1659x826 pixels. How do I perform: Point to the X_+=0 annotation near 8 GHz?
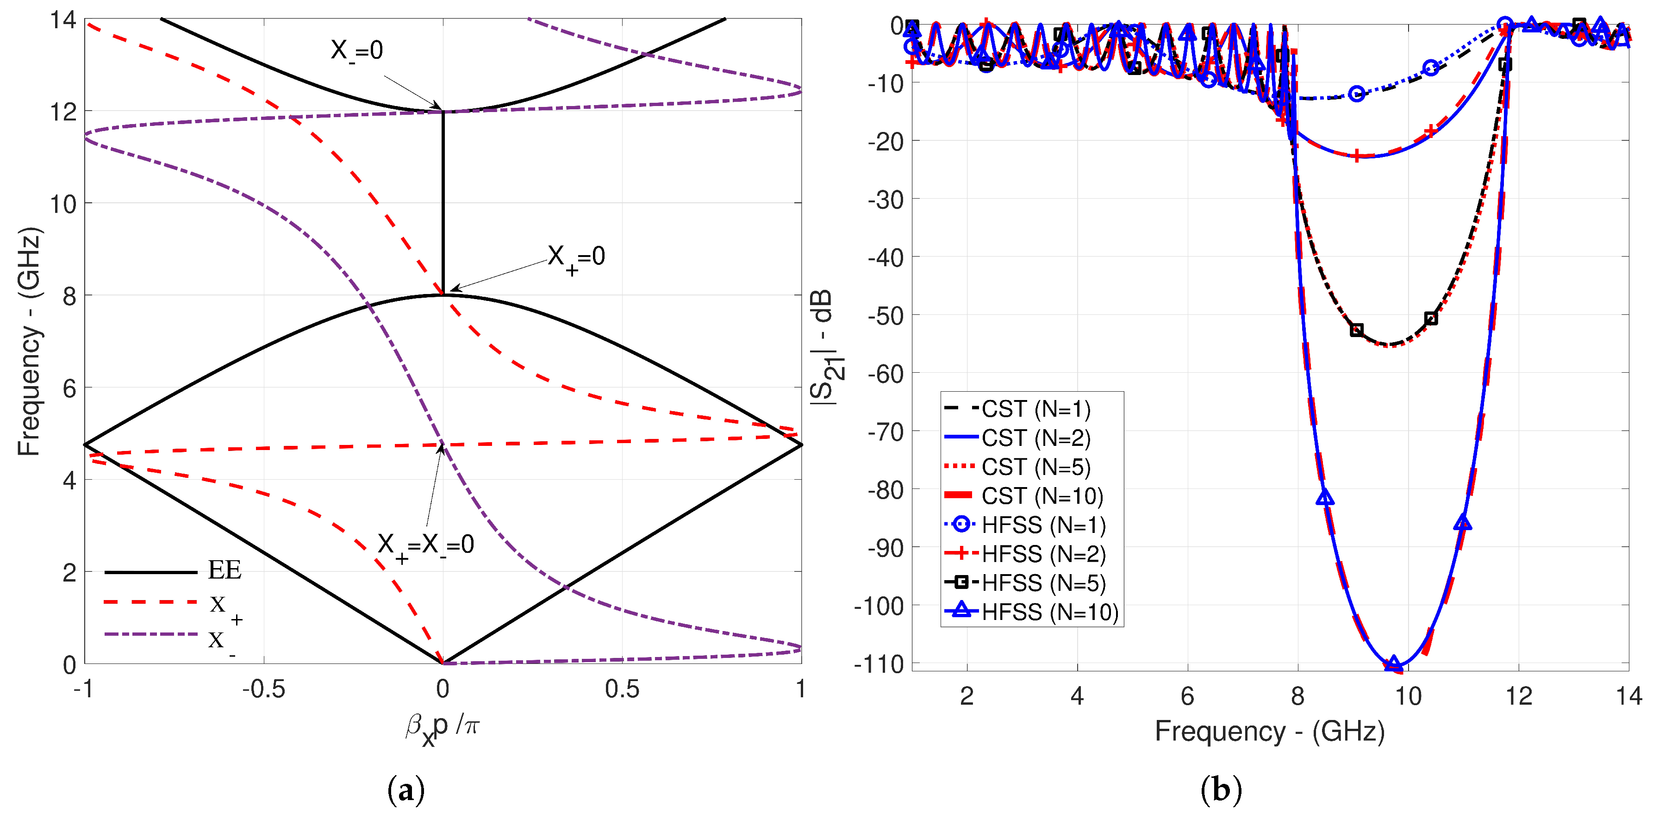click(x=576, y=257)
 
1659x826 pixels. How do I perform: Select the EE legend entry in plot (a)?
click(x=224, y=570)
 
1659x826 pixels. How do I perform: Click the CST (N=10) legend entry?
click(x=1042, y=496)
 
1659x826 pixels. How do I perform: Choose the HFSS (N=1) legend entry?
click(x=1043, y=525)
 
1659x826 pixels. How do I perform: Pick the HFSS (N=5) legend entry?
click(x=1043, y=583)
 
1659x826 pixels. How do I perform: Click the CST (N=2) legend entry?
click(x=1035, y=438)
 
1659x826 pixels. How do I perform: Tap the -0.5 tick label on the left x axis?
click(x=263, y=690)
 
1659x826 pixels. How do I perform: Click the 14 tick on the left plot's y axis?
click(x=63, y=20)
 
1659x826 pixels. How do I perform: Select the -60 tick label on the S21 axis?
click(x=886, y=374)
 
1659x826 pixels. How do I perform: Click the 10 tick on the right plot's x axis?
click(x=1408, y=696)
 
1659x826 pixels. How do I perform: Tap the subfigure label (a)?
click(x=406, y=790)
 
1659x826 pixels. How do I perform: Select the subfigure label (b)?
click(x=1221, y=790)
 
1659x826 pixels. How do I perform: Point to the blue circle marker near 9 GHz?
click(x=1357, y=94)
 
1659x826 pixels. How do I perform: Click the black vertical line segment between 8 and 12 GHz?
click(x=443, y=203)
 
